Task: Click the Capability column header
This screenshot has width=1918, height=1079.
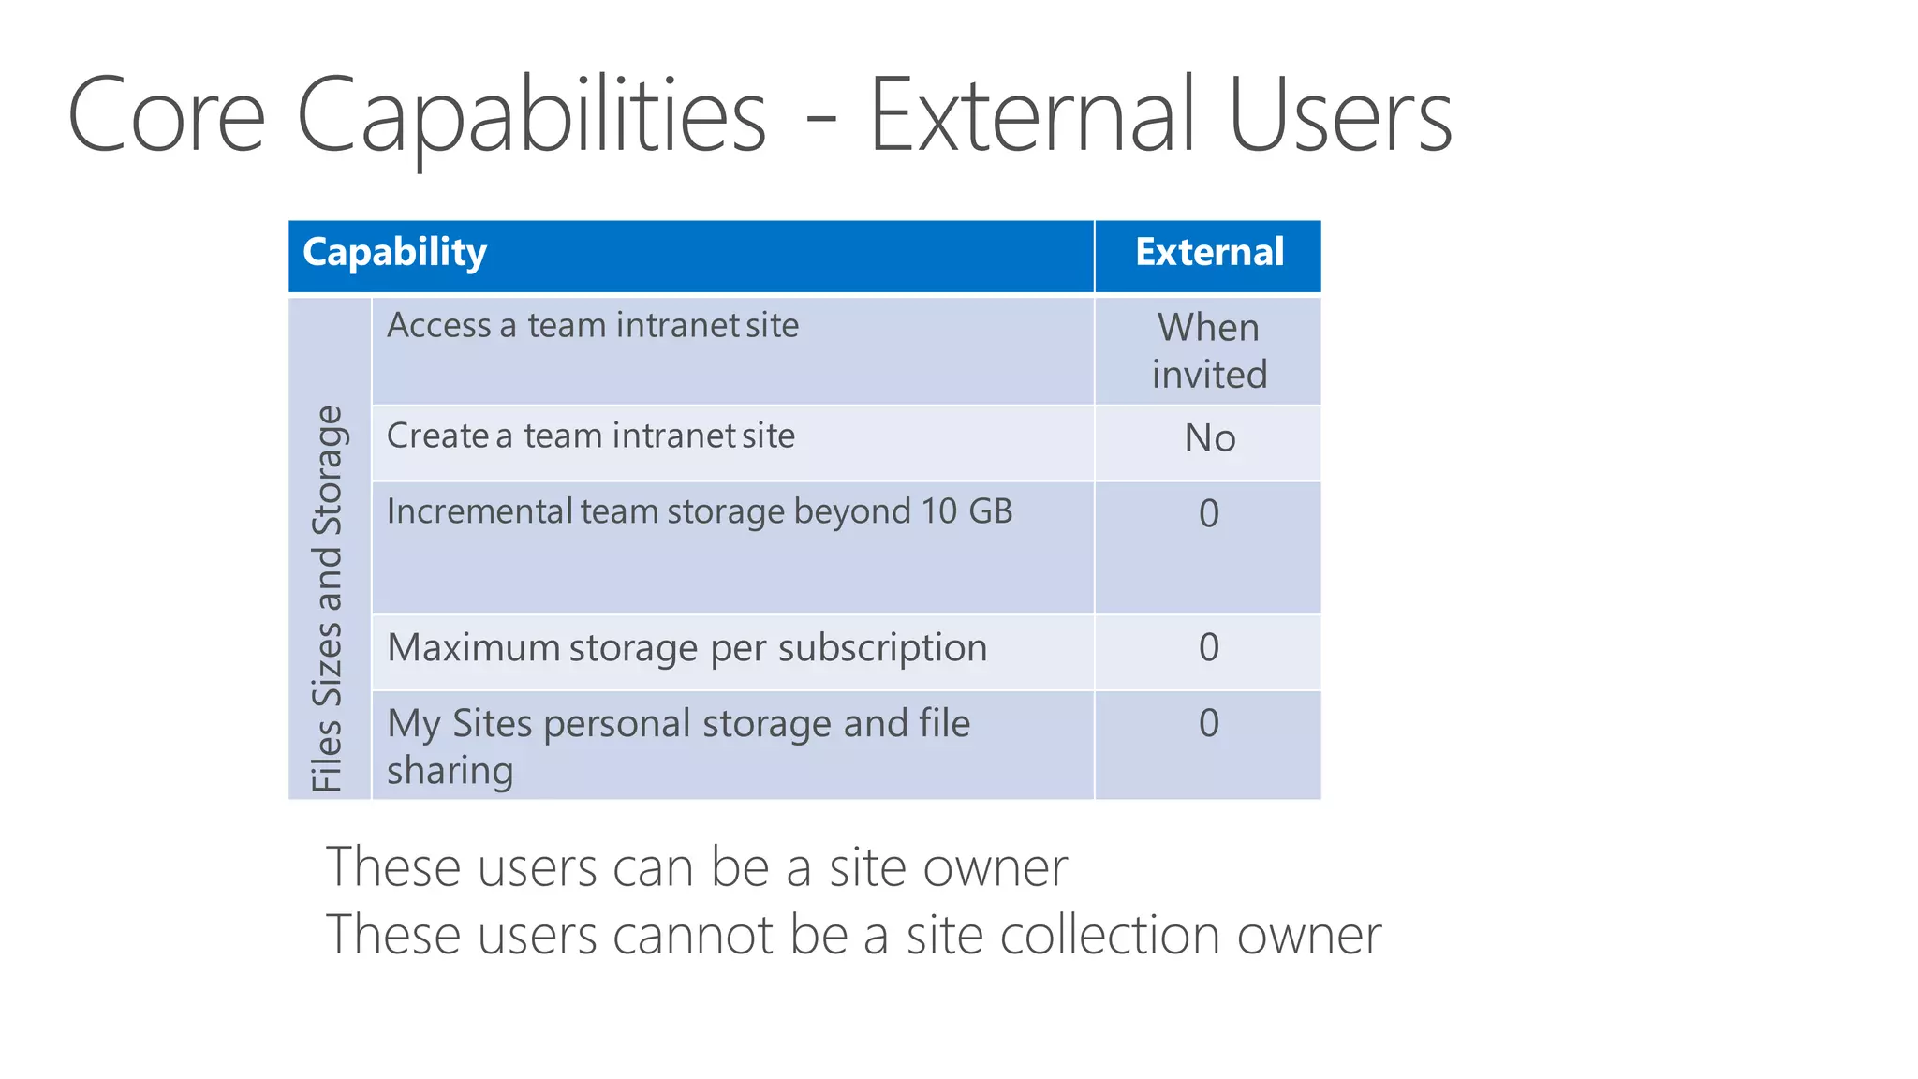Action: pyautogui.click(x=394, y=253)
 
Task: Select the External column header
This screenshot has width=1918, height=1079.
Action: pyautogui.click(x=1209, y=253)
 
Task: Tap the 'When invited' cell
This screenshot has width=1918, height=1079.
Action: pyautogui.click(x=1209, y=350)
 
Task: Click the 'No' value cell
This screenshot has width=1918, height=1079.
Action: pyautogui.click(x=1209, y=438)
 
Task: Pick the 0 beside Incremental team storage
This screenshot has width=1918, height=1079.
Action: pyautogui.click(x=1209, y=513)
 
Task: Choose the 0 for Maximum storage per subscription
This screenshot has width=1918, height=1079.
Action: pyautogui.click(x=1209, y=647)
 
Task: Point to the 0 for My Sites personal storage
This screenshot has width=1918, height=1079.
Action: pyautogui.click(x=1209, y=723)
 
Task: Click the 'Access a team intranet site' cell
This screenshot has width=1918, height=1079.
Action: pyautogui.click(x=593, y=326)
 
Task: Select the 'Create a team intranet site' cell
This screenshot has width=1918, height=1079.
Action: pyautogui.click(x=591, y=436)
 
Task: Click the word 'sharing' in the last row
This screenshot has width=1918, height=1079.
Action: pyautogui.click(x=450, y=771)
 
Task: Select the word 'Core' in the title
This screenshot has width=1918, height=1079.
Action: pyautogui.click(x=167, y=116)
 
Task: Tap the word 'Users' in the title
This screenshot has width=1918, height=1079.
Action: pyautogui.click(x=1340, y=116)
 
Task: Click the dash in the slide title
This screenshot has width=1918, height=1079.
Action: pyautogui.click(x=820, y=122)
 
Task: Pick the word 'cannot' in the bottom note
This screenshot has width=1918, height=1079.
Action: pyautogui.click(x=692, y=936)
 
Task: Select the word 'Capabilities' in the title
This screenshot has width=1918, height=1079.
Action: pyautogui.click(x=532, y=116)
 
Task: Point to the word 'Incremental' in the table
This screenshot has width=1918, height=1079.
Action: pyautogui.click(x=479, y=511)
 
